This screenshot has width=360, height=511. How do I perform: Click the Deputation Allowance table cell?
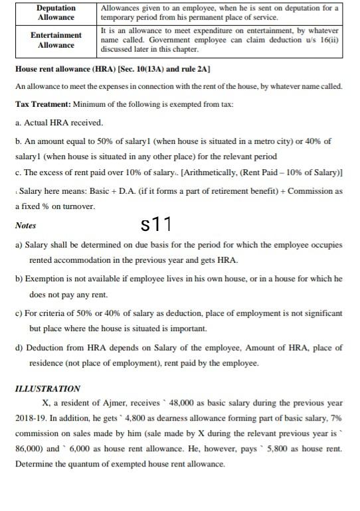pyautogui.click(x=56, y=12)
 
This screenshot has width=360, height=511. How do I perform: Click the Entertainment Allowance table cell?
pyautogui.click(x=56, y=39)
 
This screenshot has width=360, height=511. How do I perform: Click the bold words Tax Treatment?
pyautogui.click(x=43, y=105)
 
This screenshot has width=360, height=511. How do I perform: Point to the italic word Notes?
pyautogui.click(x=25, y=226)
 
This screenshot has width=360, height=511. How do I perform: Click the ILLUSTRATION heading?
pyautogui.click(x=47, y=388)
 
